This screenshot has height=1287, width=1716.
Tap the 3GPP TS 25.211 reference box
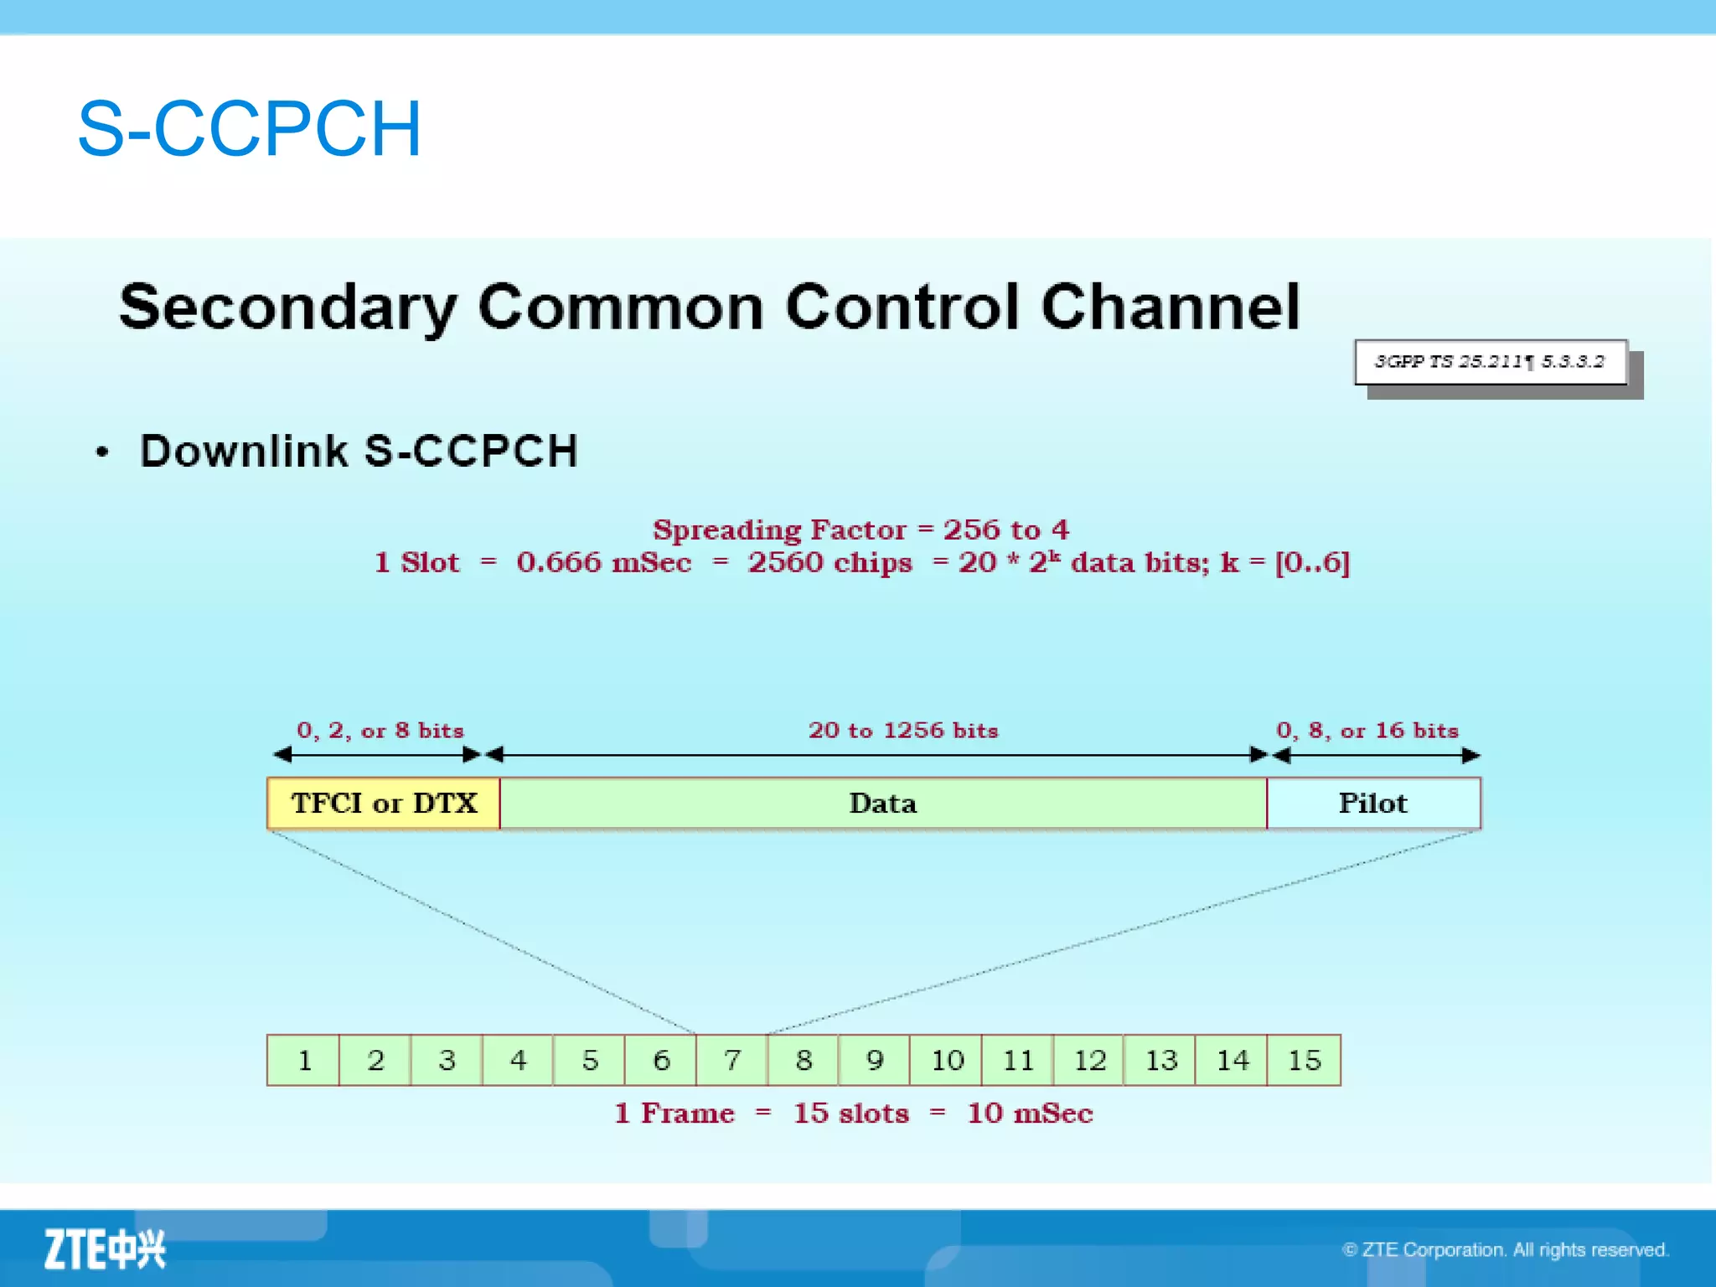pos(1490,362)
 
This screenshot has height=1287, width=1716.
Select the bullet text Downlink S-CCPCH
pos(359,451)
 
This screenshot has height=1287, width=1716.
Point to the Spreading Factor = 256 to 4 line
pos(861,530)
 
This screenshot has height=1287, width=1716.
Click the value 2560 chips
pos(830,562)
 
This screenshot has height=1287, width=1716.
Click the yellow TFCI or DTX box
pos(384,803)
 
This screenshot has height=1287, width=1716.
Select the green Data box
pos(882,803)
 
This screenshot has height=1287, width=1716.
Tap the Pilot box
pos(1372,803)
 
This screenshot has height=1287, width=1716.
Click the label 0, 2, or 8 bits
pos(380,730)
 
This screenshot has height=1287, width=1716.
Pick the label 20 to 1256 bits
pos(903,730)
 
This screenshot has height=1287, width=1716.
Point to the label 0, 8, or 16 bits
pos(1367,730)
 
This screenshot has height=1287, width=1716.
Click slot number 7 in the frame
pos(732,1060)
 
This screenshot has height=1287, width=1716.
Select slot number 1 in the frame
pos(304,1060)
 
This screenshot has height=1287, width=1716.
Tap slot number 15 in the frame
pos(1304,1060)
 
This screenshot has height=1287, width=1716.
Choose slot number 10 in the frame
pos(947,1060)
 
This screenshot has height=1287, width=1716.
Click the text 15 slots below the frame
pos(850,1113)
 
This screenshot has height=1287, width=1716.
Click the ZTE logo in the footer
pos(106,1249)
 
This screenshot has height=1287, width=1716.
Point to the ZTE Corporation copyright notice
pos(1505,1249)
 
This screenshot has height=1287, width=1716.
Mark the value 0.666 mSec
pos(603,562)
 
